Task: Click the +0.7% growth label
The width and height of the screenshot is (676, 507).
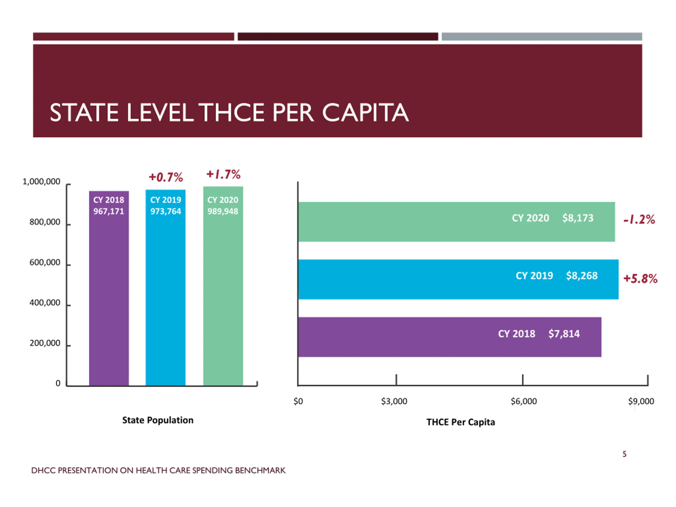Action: (x=166, y=177)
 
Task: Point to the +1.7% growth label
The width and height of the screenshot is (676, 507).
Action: (x=223, y=175)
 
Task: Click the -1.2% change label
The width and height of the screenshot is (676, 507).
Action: (x=639, y=219)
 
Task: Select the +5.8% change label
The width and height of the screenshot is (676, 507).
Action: (x=640, y=279)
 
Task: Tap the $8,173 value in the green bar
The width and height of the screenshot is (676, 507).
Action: (x=578, y=218)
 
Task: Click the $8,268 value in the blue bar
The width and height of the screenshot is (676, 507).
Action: (x=581, y=276)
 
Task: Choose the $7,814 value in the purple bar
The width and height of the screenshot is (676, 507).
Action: (x=564, y=334)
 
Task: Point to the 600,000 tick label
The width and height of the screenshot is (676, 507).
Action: (x=45, y=262)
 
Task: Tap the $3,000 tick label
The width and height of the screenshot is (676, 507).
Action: (x=394, y=401)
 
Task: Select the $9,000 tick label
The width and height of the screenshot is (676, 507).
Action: (x=641, y=401)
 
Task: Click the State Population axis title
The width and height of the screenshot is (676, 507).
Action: (x=158, y=420)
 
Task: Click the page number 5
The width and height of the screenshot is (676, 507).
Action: (x=624, y=454)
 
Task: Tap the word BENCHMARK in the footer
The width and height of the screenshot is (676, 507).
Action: (x=260, y=470)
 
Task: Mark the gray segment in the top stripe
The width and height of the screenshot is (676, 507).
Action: (x=542, y=37)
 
